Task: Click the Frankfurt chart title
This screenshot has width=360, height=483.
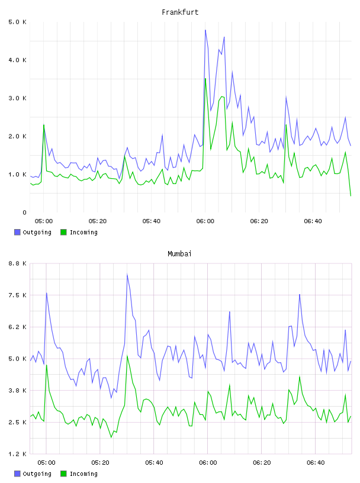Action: pyautogui.click(x=180, y=12)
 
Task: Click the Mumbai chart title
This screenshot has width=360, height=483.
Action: pyautogui.click(x=179, y=254)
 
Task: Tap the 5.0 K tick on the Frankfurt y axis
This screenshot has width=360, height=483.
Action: pyautogui.click(x=17, y=22)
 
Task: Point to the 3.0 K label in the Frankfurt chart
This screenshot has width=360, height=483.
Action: pyautogui.click(x=17, y=98)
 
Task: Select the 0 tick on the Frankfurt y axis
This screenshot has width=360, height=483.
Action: pyautogui.click(x=24, y=212)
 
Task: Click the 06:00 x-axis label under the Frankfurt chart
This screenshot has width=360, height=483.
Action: pyautogui.click(x=205, y=221)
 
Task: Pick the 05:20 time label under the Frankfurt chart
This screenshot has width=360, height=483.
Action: pyautogui.click(x=97, y=221)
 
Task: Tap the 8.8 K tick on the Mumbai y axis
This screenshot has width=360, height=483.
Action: pyautogui.click(x=17, y=263)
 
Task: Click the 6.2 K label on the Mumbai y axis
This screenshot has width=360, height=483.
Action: pyautogui.click(x=17, y=327)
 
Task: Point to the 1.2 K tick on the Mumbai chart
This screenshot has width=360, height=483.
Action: pyautogui.click(x=17, y=454)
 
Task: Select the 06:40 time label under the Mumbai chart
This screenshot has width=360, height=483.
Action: pyautogui.click(x=316, y=463)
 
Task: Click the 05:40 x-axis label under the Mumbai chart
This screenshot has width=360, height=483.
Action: pyautogui.click(x=154, y=463)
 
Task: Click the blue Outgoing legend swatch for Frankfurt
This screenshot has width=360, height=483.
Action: pyautogui.click(x=17, y=232)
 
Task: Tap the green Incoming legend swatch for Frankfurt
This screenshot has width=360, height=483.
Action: pyautogui.click(x=63, y=232)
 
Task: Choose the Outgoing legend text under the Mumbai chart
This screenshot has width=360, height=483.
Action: pyautogui.click(x=37, y=474)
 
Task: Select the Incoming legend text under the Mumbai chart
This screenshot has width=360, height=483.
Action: pyautogui.click(x=83, y=474)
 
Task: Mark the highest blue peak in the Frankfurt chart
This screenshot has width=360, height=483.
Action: pyautogui.click(x=205, y=30)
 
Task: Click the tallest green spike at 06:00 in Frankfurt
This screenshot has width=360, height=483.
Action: pyautogui.click(x=205, y=79)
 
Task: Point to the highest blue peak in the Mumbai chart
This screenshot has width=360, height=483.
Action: pyautogui.click(x=127, y=274)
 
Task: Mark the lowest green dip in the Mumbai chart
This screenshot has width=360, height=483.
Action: pyautogui.click(x=111, y=437)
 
